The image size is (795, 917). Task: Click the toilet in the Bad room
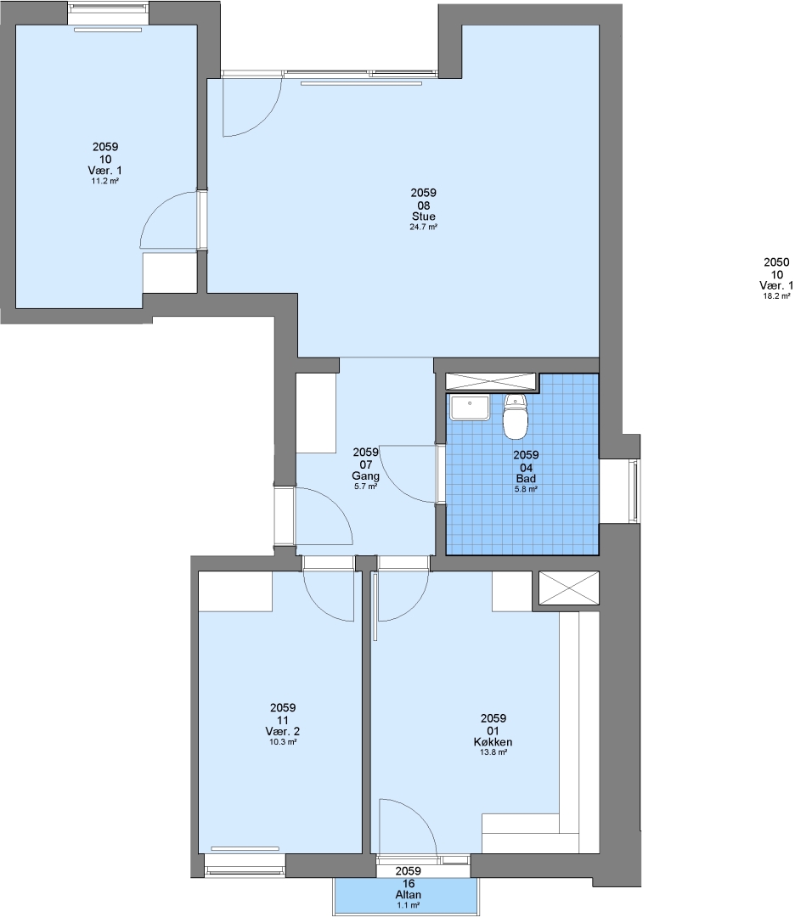click(516, 416)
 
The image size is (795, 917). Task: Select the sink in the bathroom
click(469, 408)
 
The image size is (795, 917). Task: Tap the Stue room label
click(424, 217)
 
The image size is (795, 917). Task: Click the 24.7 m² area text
click(424, 227)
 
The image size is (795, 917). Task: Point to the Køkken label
click(493, 742)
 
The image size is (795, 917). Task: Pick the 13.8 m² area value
click(493, 752)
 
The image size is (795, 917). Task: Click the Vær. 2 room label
click(283, 732)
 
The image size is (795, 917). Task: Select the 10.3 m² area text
click(283, 741)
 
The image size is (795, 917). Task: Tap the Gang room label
click(365, 476)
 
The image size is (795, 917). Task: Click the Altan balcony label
click(409, 895)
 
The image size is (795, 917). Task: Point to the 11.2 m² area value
click(105, 182)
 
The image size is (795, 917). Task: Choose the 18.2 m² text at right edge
click(777, 296)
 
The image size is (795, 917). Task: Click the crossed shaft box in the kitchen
click(568, 588)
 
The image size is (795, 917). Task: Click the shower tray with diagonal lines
click(491, 380)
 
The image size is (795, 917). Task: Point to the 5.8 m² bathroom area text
click(526, 490)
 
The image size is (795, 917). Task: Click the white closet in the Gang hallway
click(316, 413)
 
